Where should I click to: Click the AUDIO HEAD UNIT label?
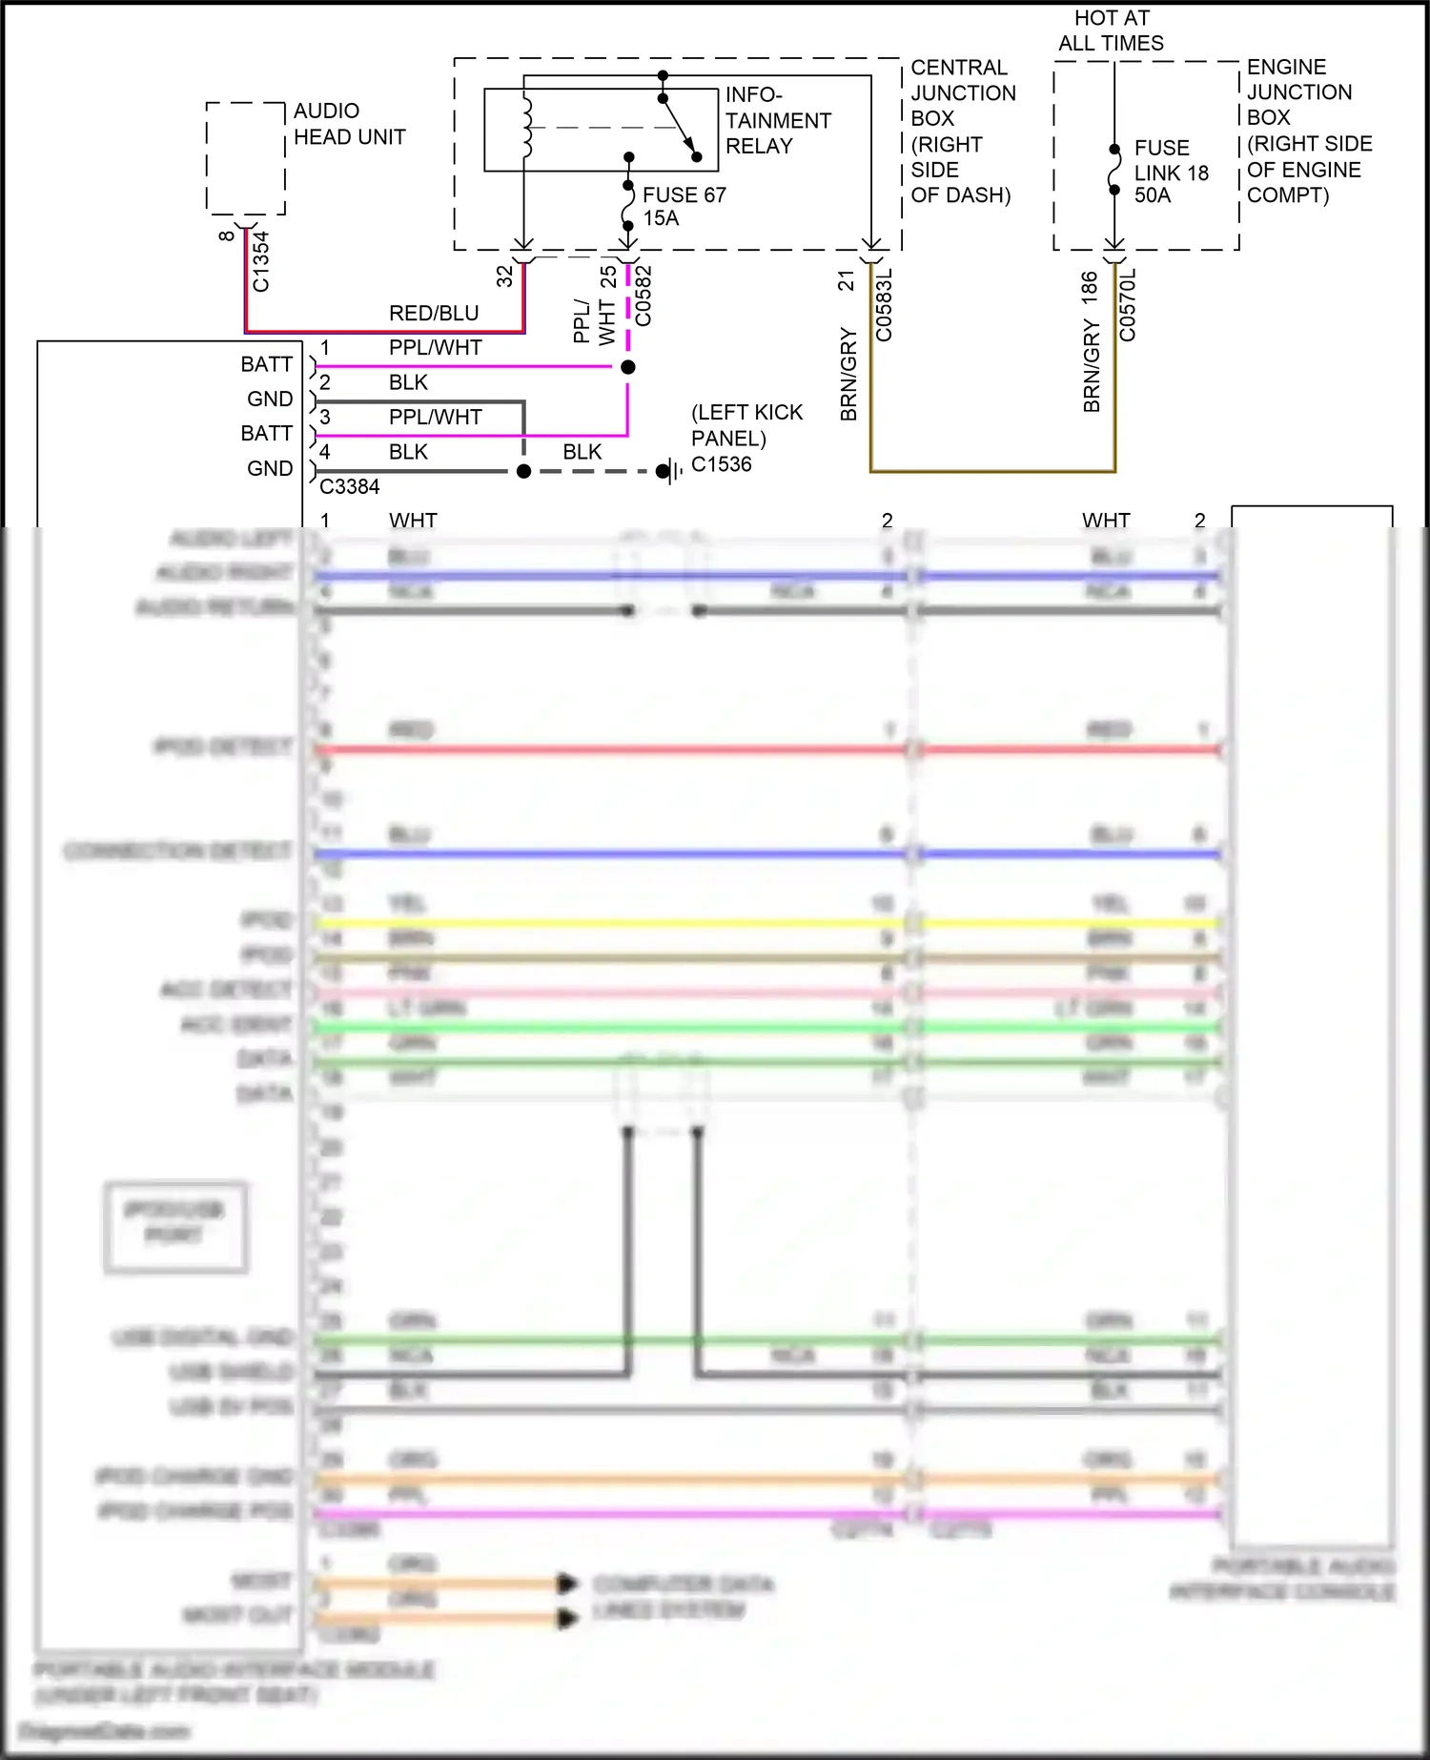coord(349,124)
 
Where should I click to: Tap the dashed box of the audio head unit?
coord(246,158)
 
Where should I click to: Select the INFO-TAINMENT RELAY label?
coord(777,120)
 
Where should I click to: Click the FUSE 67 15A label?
coord(684,206)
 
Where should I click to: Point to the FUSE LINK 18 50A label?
coord(1170,172)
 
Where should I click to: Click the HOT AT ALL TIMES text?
coord(1111,31)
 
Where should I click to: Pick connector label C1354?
coord(261,261)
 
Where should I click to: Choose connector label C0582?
coord(643,296)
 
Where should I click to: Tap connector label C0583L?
coord(884,304)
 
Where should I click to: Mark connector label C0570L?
coord(1128,304)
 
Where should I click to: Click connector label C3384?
coord(349,487)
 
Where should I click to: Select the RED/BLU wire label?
coord(434,314)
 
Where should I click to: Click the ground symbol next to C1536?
coord(672,471)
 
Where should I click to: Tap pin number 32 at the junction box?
coord(504,276)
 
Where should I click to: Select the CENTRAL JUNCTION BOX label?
coord(962,131)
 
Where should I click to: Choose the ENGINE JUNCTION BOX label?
coord(1308,131)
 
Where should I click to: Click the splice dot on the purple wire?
coord(627,367)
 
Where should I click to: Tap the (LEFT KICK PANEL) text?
coord(746,425)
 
